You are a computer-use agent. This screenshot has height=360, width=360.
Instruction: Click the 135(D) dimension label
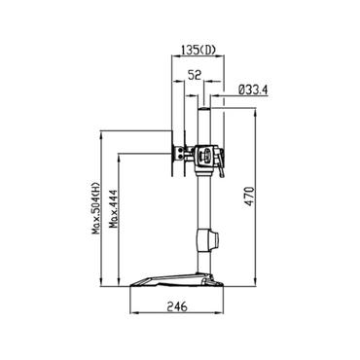click(198, 50)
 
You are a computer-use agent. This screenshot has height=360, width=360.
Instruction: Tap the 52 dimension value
click(195, 75)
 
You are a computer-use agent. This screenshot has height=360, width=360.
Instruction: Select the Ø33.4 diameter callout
click(253, 90)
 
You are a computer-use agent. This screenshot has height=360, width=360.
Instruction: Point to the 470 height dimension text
click(249, 197)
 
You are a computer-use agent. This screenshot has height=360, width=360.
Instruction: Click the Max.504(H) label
click(95, 208)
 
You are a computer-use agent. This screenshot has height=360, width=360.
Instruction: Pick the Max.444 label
click(114, 209)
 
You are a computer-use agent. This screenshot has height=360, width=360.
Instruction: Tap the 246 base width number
click(177, 306)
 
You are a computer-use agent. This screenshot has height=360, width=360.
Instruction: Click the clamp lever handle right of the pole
click(222, 163)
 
